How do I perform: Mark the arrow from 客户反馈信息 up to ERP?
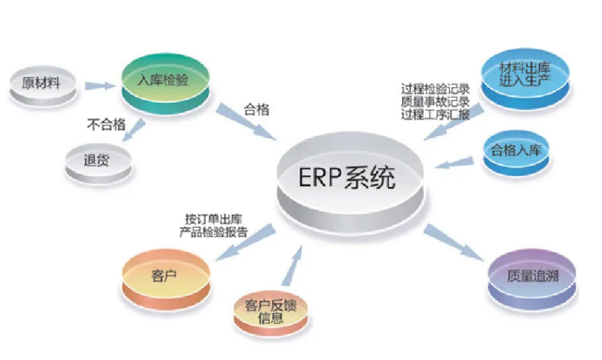[292, 264]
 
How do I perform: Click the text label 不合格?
[105, 124]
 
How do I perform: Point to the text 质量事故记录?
[435, 102]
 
